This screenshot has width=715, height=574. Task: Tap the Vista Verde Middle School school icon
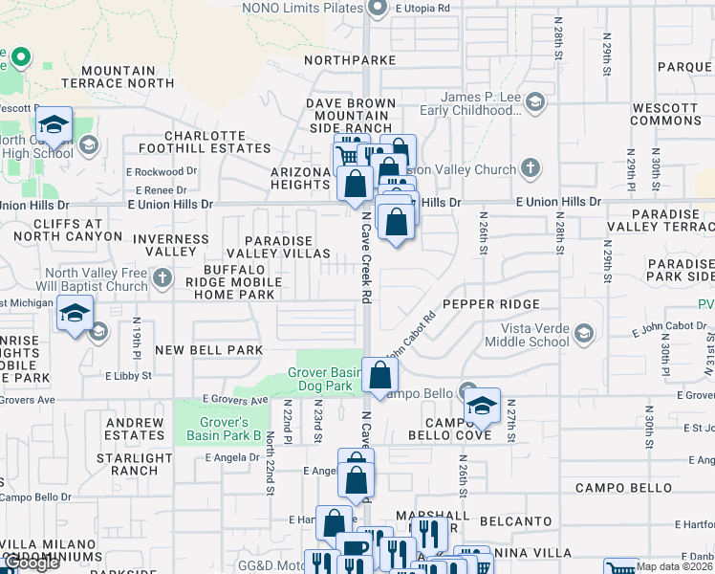[x=583, y=333]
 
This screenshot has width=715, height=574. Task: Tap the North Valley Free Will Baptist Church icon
[x=162, y=278]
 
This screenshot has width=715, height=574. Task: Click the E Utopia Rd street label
[x=422, y=8]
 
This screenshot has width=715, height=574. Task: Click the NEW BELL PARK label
[x=208, y=350]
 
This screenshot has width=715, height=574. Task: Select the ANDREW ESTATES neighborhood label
[x=135, y=429]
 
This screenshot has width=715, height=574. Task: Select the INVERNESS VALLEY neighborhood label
[x=164, y=245]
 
